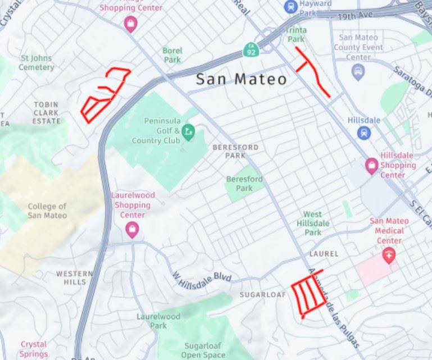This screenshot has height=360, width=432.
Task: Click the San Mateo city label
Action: click(x=241, y=79)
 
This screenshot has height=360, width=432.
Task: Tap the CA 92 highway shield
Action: click(x=251, y=50)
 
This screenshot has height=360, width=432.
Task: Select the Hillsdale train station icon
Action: click(x=364, y=133)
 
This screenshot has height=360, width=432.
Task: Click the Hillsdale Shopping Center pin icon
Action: click(x=371, y=165)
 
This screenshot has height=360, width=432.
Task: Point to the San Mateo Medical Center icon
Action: click(x=388, y=256)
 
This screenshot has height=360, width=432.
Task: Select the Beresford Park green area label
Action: click(x=244, y=184)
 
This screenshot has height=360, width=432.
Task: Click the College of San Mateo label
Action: click(x=47, y=211)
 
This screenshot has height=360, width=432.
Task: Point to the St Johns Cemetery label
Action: click(x=37, y=62)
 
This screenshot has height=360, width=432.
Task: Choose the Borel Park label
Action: click(x=172, y=54)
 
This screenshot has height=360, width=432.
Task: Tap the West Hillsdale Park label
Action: click(x=313, y=223)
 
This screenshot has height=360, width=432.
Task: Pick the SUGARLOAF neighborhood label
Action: click(x=259, y=294)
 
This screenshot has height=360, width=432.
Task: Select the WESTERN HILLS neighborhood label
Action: click(x=75, y=277)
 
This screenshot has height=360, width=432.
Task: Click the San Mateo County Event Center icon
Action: click(x=358, y=71)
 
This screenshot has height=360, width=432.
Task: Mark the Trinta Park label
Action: click(x=295, y=35)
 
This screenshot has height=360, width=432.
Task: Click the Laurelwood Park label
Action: click(x=159, y=321)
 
